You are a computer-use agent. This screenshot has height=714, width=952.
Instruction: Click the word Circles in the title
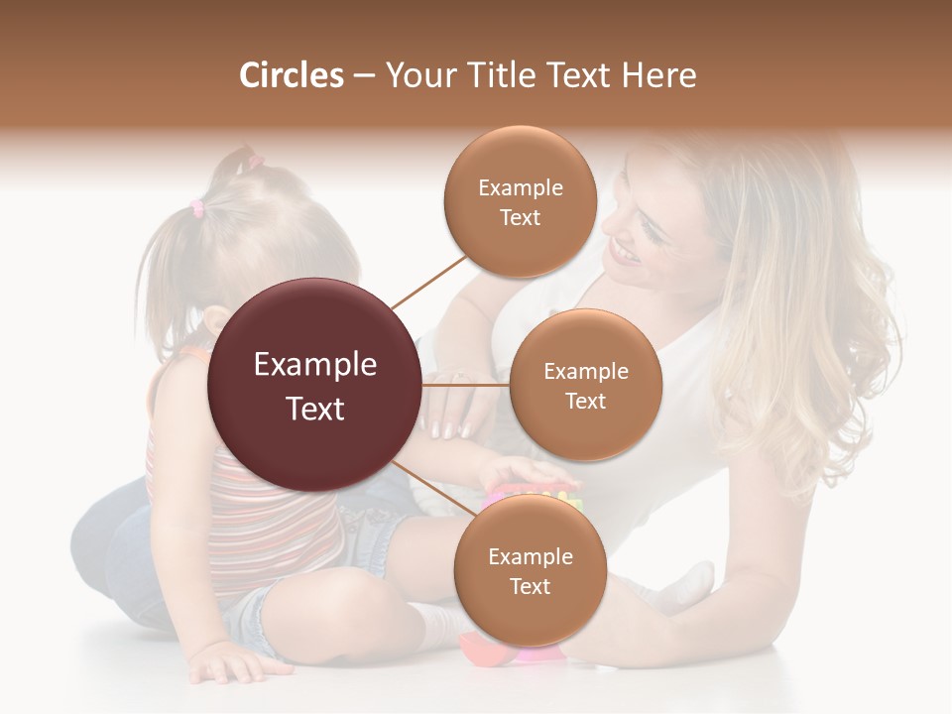(x=291, y=75)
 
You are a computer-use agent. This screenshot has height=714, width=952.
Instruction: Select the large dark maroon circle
(x=314, y=385)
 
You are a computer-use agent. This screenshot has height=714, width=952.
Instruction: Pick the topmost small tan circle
(x=520, y=201)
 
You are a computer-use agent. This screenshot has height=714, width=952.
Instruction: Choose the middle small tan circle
(x=585, y=385)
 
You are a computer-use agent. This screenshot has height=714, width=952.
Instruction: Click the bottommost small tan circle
(x=530, y=570)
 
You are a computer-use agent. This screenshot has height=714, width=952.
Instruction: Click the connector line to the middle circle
(x=466, y=385)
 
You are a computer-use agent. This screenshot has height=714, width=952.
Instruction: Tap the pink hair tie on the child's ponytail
(x=197, y=207)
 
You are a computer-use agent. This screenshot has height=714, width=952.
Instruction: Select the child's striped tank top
(x=198, y=496)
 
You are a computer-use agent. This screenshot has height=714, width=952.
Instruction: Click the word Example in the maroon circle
(x=314, y=365)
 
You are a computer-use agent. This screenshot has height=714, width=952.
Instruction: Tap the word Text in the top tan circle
(x=520, y=217)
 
